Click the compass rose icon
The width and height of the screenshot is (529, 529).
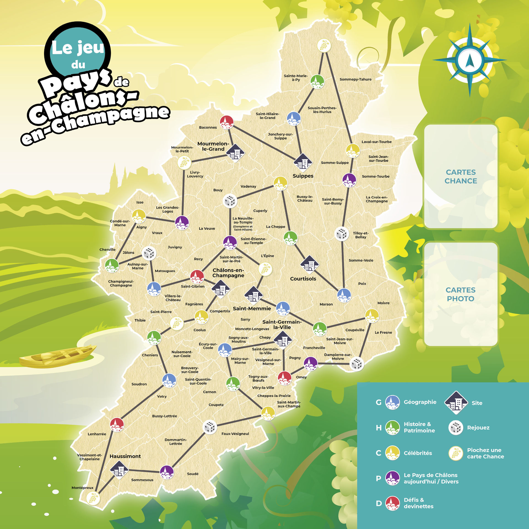pos(470,60)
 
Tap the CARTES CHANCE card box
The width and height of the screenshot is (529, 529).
pos(461,176)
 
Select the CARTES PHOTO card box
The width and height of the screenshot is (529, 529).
pos(461,294)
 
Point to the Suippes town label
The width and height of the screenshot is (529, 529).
pos(303,176)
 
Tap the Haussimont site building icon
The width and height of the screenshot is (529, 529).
pos(119,470)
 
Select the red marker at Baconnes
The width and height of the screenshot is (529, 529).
pos(227,122)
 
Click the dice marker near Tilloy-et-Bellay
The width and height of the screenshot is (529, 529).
pos(342,234)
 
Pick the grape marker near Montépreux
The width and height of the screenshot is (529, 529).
pos(93,498)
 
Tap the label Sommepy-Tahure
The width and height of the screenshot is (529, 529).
pos(355,79)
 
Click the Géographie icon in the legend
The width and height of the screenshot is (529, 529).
pos(392,402)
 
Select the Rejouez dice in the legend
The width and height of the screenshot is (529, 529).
pos(456,428)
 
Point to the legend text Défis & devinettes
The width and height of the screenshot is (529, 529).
pos(418,503)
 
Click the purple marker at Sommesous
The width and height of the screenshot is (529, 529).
pos(167,472)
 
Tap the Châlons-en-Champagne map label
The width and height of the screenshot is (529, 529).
pos(228,273)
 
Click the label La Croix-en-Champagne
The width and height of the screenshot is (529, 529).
pos(377,199)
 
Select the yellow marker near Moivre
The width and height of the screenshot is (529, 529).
pos(372,315)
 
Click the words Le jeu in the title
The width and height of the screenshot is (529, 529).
pos(78,48)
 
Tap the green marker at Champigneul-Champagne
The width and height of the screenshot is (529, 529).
pos(112,265)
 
